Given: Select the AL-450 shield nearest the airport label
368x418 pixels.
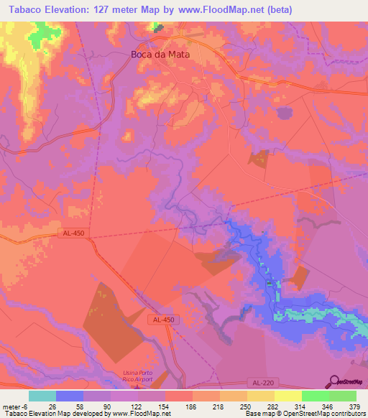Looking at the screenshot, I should (162, 319).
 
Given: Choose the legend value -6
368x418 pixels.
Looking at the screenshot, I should (23, 406).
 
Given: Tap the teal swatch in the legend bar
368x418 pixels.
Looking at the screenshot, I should (42, 396).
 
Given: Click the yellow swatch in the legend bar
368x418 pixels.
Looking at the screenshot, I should (287, 396).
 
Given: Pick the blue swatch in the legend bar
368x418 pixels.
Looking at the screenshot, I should (70, 396).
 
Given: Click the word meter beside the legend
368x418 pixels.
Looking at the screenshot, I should (10, 406).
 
